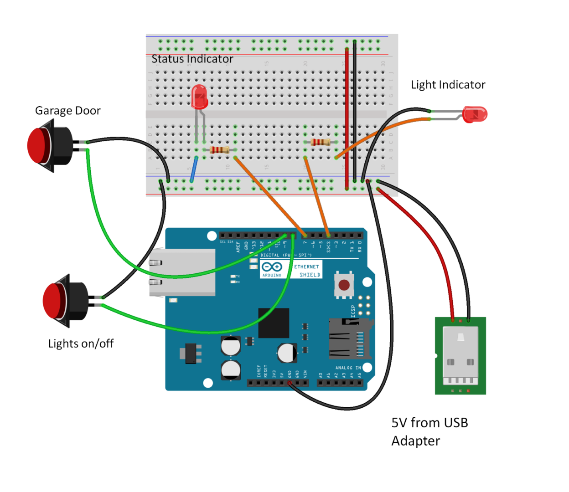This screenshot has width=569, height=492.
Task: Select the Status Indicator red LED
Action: pos(199,97)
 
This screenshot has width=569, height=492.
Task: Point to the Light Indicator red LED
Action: pos(475,114)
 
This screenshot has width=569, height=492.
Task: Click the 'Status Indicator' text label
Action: pos(192,59)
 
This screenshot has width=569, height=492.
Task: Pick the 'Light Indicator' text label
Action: pos(448,85)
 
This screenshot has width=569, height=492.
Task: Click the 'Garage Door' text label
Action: pos(67,111)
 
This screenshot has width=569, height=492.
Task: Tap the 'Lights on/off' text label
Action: pos(81,343)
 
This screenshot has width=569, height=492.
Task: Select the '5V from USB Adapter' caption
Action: pos(429,431)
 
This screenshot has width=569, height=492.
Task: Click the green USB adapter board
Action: pos(460,356)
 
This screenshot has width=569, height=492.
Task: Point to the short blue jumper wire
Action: pos(194,169)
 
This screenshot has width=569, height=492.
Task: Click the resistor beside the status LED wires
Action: pos(220,150)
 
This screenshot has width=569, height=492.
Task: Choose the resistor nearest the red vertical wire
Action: pos(321,142)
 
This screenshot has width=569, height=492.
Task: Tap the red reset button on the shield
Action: pos(344,285)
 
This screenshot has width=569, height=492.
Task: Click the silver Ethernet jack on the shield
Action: pos(182,272)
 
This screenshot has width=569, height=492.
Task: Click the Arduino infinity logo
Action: pos(272,267)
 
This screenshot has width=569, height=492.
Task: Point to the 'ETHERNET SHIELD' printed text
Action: pos(307,271)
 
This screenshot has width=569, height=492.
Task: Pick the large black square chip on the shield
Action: pos(274,323)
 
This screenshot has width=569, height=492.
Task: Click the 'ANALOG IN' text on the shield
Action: pos(348,368)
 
